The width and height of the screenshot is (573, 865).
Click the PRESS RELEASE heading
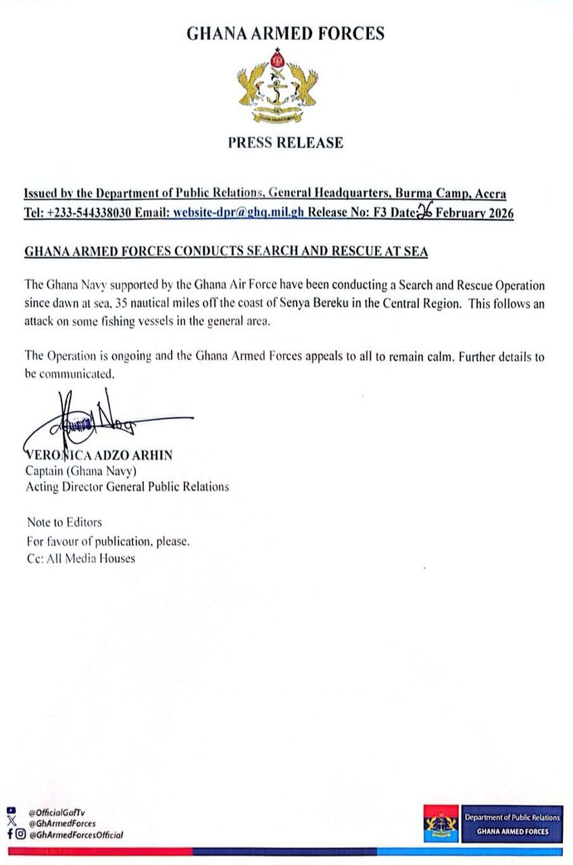[285, 143]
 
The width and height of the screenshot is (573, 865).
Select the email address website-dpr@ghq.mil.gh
[239, 214]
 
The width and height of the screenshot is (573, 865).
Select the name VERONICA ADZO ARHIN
[99, 455]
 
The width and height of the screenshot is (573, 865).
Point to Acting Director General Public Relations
[127, 486]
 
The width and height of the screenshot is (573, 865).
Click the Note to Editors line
[64, 522]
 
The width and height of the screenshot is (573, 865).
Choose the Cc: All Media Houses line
[80, 558]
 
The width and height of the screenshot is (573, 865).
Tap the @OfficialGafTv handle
[57, 813]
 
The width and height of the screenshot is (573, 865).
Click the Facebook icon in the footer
[10, 835]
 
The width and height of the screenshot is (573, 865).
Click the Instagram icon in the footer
[22, 835]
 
